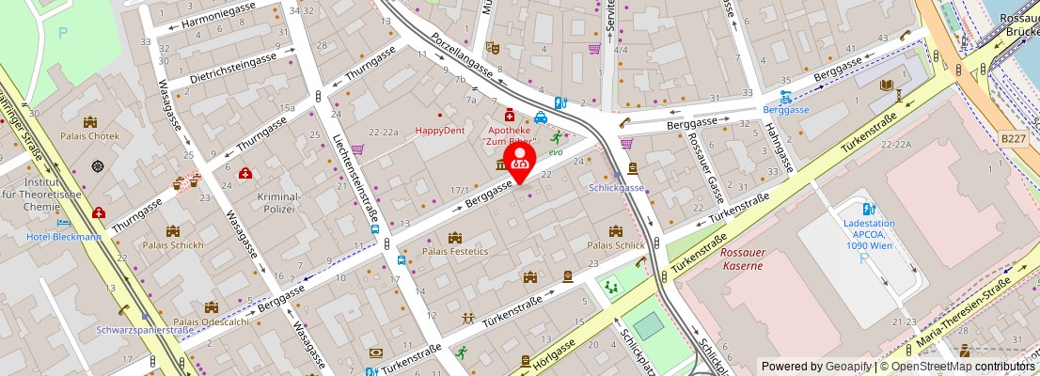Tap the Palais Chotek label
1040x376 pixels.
point(90,135)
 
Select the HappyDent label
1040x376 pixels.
point(440,131)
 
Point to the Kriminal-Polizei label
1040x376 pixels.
point(277,202)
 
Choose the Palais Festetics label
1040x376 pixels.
point(456,251)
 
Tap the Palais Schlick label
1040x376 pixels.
point(616,245)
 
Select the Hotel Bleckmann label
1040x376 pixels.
point(64,237)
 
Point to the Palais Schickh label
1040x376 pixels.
point(173,245)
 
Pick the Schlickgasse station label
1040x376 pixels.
point(616,187)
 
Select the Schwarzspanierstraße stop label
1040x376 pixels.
point(145,330)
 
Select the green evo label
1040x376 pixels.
point(556,151)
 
